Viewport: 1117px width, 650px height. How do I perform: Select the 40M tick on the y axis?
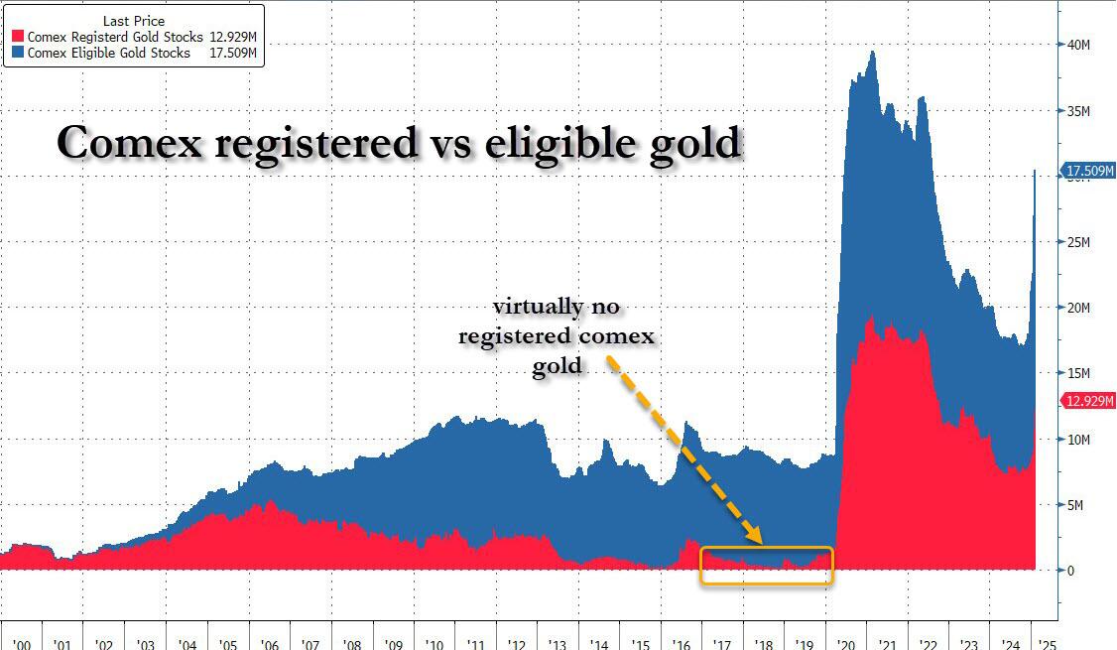(x=1078, y=45)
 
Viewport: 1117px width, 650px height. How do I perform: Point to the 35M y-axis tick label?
(x=1078, y=111)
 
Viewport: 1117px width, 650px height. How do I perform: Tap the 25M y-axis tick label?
(x=1078, y=242)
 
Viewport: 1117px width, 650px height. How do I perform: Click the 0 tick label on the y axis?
(x=1071, y=571)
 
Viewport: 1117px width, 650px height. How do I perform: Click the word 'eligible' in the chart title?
(x=564, y=144)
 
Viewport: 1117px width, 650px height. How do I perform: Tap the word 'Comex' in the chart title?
(x=133, y=144)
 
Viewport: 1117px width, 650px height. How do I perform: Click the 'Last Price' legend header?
(x=134, y=20)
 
